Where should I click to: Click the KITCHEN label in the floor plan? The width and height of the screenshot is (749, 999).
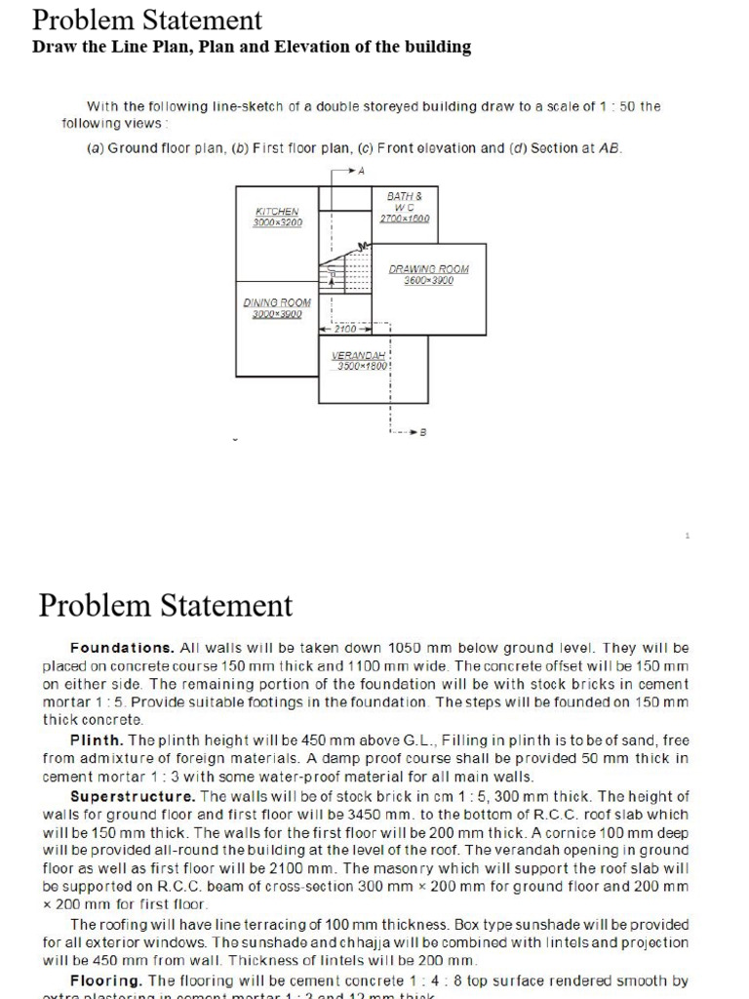[x=277, y=211]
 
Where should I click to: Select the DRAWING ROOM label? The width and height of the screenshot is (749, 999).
[x=429, y=268]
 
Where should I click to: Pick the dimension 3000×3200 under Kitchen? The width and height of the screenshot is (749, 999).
[x=278, y=222]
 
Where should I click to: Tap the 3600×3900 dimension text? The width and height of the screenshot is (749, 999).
[x=429, y=280]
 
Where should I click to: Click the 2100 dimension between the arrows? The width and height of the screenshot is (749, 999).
[x=346, y=330]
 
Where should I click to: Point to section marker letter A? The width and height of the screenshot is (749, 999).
[x=361, y=171]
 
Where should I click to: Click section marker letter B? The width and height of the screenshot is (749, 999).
[x=423, y=431]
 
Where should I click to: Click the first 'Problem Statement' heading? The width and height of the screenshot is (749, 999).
[x=146, y=20]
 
